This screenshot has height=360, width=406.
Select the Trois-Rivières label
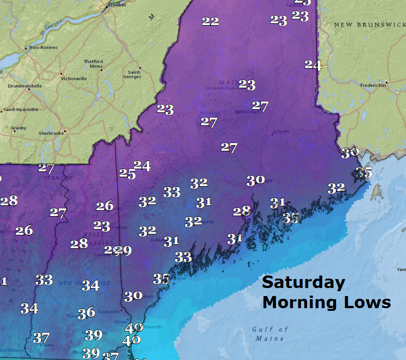point(43,47)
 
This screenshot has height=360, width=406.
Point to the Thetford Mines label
point(93,64)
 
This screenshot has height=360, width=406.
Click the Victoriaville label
point(74,78)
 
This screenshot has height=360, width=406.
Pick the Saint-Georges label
point(134,74)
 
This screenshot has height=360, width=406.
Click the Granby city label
point(18,128)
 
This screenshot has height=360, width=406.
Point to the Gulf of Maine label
point(270,334)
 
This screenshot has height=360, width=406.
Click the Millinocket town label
point(247,112)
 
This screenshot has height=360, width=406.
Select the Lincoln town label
point(281,131)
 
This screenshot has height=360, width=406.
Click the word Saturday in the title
point(303,283)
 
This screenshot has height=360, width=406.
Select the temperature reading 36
point(86,313)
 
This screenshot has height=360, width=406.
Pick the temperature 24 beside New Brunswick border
point(313,65)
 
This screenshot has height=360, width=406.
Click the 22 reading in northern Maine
point(210,21)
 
